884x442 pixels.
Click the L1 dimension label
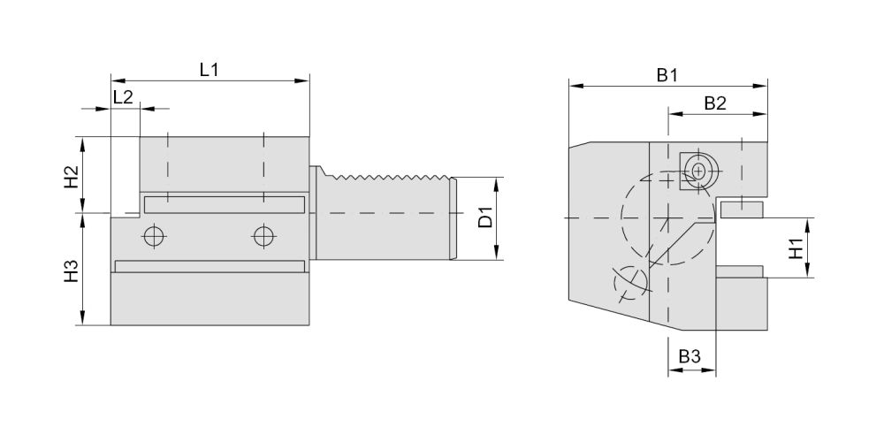[209, 69]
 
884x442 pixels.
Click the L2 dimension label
[123, 97]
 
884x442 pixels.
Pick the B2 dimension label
[714, 103]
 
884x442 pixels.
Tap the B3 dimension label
[690, 357]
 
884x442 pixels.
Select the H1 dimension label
[796, 248]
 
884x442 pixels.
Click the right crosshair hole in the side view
[263, 236]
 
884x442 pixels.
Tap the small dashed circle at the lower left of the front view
[630, 282]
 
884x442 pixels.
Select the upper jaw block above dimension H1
[742, 210]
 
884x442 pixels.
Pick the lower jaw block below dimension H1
[740, 271]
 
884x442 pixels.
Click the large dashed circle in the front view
[667, 217]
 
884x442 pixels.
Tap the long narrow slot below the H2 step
[224, 204]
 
